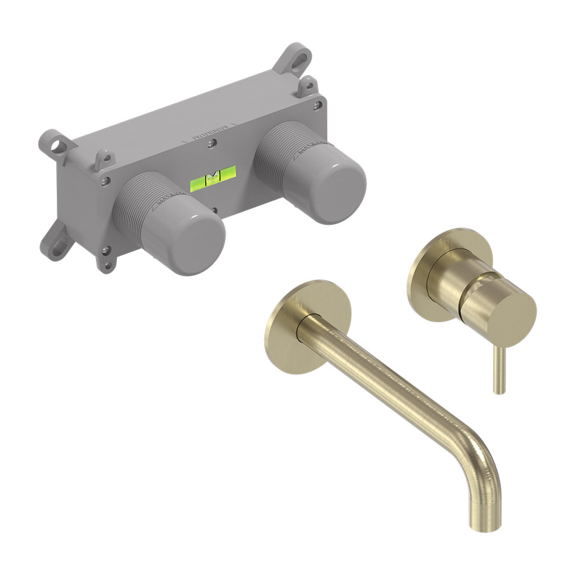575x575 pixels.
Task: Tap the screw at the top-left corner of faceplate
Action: [x=105, y=180]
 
